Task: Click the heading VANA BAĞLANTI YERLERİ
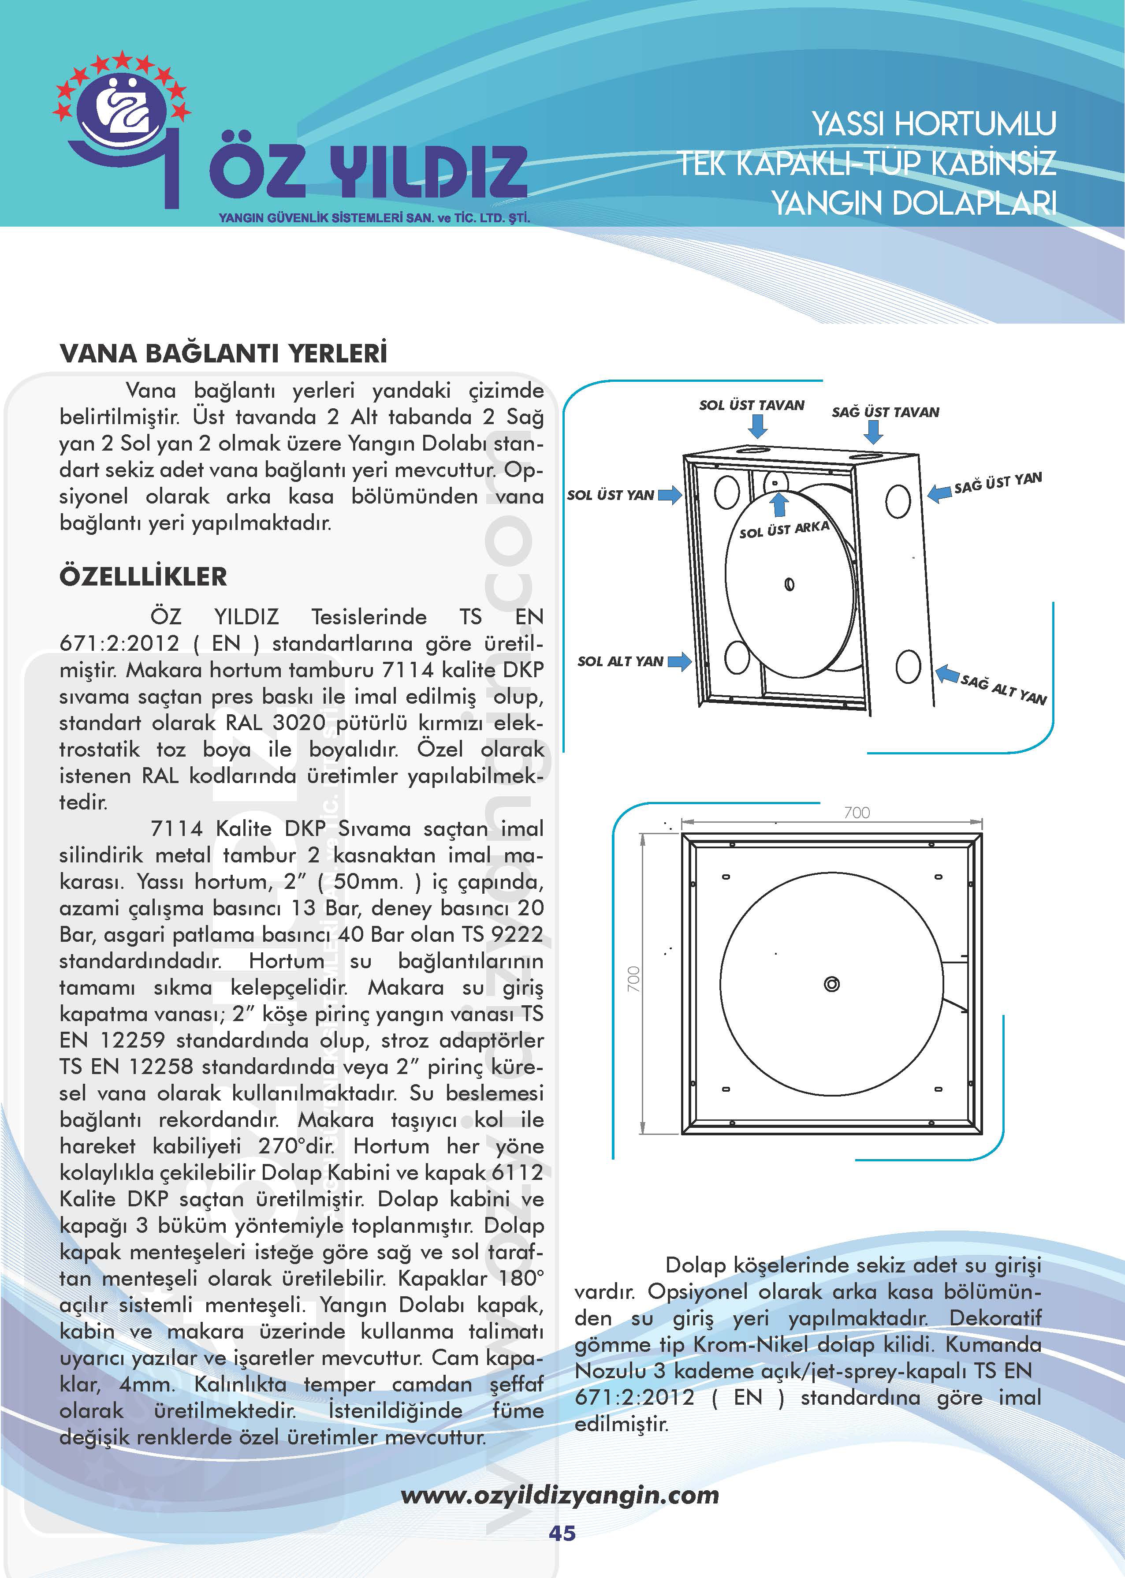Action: [x=223, y=353]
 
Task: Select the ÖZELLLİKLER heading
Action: [x=143, y=576]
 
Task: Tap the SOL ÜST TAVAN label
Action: [x=752, y=405]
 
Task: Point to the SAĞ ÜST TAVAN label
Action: [x=885, y=412]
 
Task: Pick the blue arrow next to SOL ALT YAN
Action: [x=679, y=661]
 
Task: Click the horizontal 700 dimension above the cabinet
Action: [x=857, y=813]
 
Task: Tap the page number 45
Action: [x=562, y=1533]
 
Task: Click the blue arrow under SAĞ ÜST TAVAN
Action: [x=874, y=432]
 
